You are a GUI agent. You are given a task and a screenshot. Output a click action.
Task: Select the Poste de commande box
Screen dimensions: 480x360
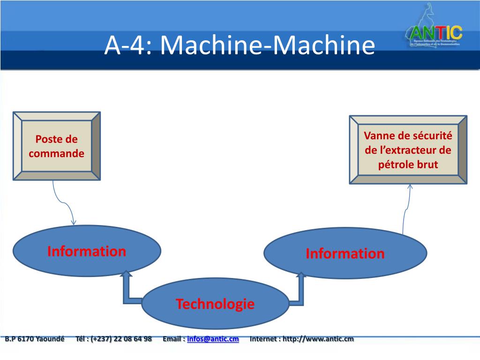pyautogui.click(x=56, y=146)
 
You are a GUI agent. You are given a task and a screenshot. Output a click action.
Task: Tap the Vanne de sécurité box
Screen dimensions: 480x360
pyautogui.click(x=408, y=150)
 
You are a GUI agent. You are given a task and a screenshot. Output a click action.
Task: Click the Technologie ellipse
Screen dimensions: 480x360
pyautogui.click(x=215, y=304)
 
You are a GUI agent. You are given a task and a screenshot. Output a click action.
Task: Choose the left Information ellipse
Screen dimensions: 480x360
pyautogui.click(x=87, y=251)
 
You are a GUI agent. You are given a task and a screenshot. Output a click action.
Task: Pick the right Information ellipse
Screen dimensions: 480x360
pyautogui.click(x=345, y=254)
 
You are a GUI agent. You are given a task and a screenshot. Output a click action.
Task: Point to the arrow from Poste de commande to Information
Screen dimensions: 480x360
pyautogui.click(x=63, y=202)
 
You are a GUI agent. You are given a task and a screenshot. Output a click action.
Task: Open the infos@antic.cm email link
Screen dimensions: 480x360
pyautogui.click(x=213, y=339)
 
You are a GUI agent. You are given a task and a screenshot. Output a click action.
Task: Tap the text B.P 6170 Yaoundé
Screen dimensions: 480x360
pyautogui.click(x=34, y=339)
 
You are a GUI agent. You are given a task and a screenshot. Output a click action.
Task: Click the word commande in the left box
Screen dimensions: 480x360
pyautogui.click(x=56, y=153)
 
